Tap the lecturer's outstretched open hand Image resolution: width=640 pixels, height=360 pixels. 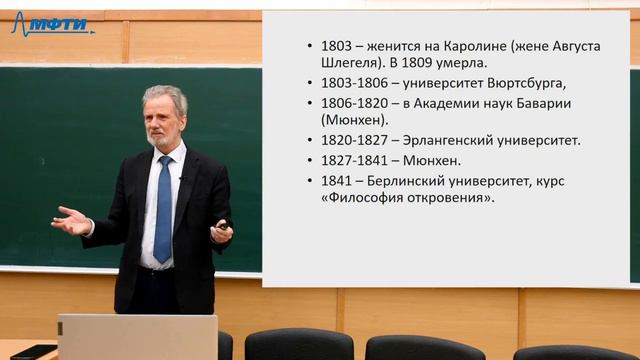coord(72,220)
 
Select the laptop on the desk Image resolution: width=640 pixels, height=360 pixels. coord(137,337)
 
